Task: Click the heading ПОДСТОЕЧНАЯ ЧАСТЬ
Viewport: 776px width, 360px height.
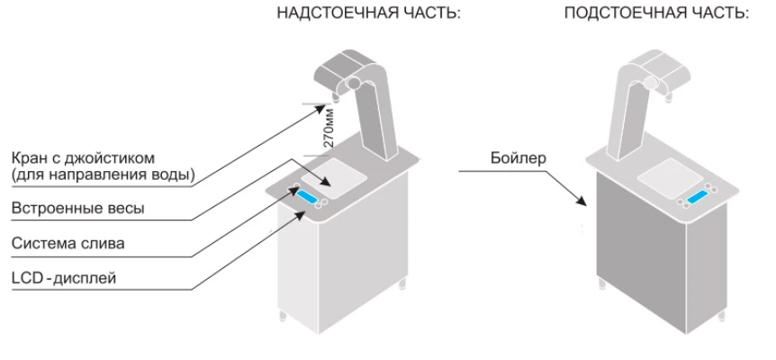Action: pos(656,15)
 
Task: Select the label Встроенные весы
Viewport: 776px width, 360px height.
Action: pos(78,208)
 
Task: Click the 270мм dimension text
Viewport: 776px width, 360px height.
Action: pos(329,129)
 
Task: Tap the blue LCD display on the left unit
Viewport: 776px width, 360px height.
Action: pos(312,198)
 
